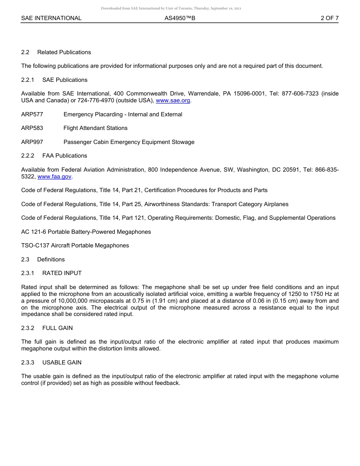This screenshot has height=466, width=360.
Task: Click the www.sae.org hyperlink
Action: click(x=173, y=100)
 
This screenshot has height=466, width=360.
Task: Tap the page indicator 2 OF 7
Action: click(x=329, y=18)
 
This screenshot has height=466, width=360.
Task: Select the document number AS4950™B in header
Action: click(x=180, y=18)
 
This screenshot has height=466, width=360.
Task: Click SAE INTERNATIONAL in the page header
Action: click(x=51, y=18)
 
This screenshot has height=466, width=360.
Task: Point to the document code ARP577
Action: click(x=32, y=114)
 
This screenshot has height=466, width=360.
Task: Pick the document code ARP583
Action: click(x=32, y=128)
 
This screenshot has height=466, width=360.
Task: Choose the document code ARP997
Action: click(x=32, y=142)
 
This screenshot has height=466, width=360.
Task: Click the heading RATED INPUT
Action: click(x=62, y=273)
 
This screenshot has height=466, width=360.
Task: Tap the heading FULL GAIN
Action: click(x=58, y=328)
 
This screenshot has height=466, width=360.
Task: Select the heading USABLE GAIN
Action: click(x=62, y=363)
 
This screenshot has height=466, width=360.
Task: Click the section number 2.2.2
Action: click(x=28, y=156)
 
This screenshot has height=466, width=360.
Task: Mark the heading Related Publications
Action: click(x=64, y=52)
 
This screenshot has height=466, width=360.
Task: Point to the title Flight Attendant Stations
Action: click(x=95, y=128)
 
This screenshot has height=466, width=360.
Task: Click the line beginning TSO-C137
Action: click(x=75, y=246)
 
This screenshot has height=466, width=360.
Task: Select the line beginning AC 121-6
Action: click(x=86, y=232)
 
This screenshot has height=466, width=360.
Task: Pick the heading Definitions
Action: click(x=51, y=260)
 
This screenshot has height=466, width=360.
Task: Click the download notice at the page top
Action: click(x=171, y=8)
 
